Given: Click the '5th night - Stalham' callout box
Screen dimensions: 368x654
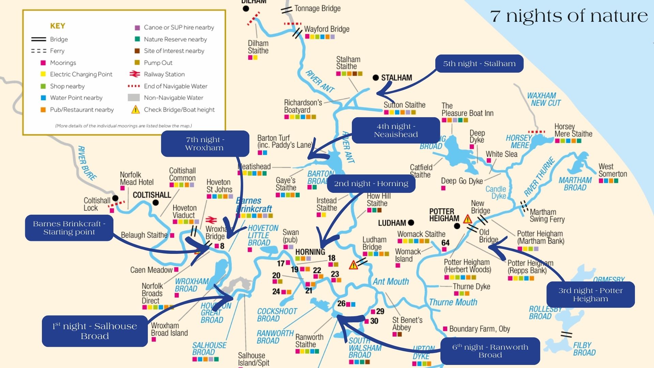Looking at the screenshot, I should point(479,64).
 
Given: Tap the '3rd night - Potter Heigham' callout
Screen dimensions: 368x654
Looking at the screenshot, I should point(590,294).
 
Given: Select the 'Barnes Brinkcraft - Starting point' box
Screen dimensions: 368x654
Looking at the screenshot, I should point(69,228).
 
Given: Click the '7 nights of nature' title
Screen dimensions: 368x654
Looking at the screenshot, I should point(569,16).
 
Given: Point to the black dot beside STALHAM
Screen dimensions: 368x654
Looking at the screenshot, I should point(376,78).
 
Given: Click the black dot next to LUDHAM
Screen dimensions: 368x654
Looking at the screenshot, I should point(411,223).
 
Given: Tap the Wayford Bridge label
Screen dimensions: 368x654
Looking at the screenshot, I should point(326,29).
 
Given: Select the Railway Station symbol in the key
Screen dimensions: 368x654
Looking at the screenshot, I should point(135,74).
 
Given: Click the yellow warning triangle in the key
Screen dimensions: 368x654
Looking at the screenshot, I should point(136,109).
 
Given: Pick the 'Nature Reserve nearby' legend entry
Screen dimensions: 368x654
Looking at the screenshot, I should point(175,39).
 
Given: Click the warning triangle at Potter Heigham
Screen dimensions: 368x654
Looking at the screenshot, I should point(467,219).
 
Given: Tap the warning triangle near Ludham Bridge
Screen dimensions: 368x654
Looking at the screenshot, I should point(353,265).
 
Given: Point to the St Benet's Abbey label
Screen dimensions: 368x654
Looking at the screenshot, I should point(407,324).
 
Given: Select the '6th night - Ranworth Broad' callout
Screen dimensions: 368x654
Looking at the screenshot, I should point(490,351).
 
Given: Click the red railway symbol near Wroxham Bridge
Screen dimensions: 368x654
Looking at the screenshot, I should point(211,220).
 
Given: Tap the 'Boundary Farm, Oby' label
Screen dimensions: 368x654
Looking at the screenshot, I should point(479,329).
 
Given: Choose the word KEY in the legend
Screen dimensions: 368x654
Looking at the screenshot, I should point(58,26).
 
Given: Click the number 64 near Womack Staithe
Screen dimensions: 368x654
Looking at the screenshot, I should point(445,243).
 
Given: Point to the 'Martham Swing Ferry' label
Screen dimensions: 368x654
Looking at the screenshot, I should point(547,216).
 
